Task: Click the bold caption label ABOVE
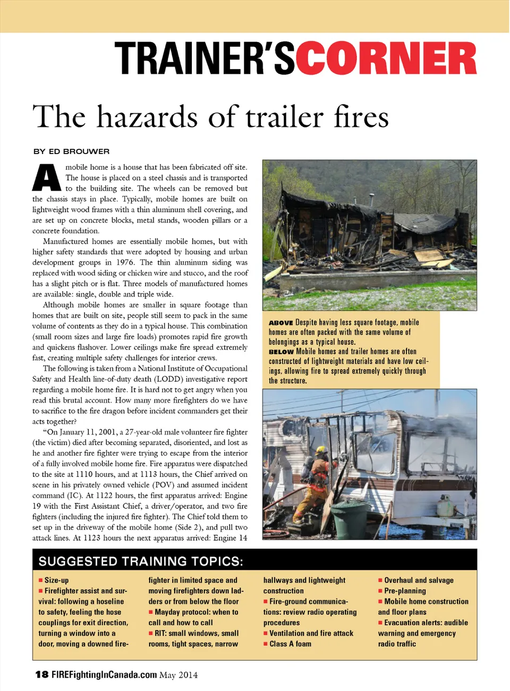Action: tap(280, 323)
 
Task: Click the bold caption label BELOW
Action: tap(281, 352)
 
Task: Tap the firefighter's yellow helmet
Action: tap(321, 450)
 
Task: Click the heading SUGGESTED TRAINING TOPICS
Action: tap(141, 561)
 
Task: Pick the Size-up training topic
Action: tap(56, 581)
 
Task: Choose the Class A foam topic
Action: tap(290, 644)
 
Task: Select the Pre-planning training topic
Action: tap(405, 591)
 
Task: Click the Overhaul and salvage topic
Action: tap(419, 581)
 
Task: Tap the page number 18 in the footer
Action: tap(41, 675)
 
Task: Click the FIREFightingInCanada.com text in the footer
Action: tap(104, 675)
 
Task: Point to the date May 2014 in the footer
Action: tap(178, 675)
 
